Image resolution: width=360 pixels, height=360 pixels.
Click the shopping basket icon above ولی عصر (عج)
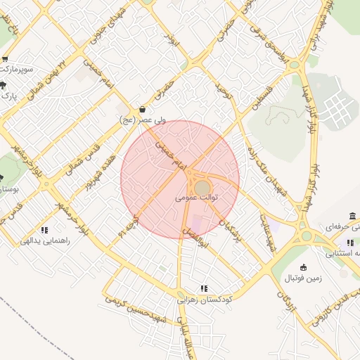[x=143, y=110]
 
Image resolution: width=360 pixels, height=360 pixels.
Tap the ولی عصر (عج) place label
[x=143, y=120]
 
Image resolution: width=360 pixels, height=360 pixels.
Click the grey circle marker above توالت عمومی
[x=202, y=188]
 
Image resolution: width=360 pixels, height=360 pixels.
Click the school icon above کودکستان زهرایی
[x=204, y=288]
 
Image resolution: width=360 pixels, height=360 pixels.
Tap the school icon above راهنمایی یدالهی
[x=44, y=230]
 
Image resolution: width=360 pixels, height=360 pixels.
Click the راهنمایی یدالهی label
[x=45, y=241]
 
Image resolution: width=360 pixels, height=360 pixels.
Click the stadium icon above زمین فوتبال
[x=303, y=267]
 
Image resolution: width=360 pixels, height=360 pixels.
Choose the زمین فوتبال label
[x=302, y=278]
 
